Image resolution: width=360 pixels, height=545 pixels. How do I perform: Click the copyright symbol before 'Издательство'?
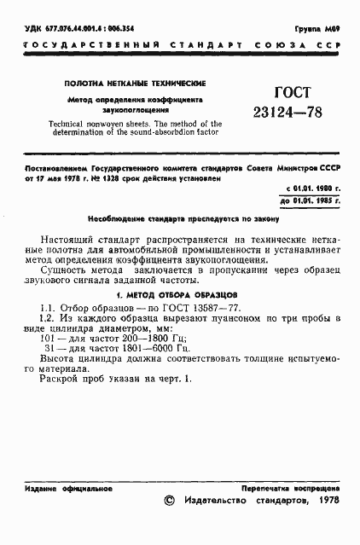click(168, 502)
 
